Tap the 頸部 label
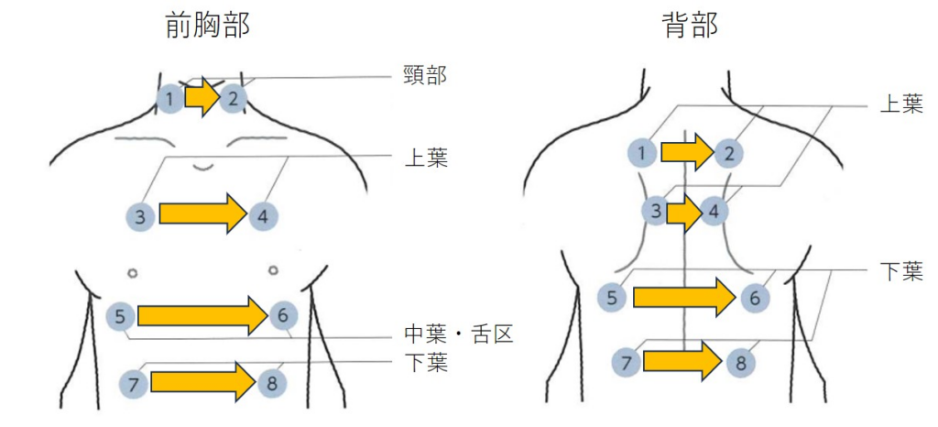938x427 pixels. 425,75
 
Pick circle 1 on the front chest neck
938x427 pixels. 169,97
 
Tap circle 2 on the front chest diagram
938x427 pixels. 234,97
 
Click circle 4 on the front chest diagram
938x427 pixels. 263,217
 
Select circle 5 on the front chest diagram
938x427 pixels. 120,316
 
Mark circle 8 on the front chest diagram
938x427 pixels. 269,384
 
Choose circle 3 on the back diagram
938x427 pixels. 654,212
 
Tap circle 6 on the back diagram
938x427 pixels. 755,297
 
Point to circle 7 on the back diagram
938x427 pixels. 627,363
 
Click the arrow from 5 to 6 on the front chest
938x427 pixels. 202,316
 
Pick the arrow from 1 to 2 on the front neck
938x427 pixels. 202,96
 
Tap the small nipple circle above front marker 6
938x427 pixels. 274,270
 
